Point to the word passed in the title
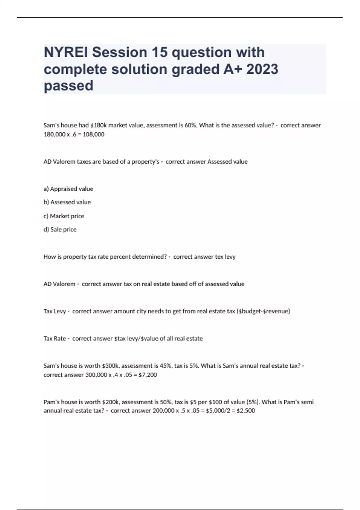68,85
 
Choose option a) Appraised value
68,189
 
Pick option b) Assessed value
67,202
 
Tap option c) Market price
64,216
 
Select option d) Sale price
60,229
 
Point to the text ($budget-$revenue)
263,311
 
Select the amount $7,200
148,375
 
